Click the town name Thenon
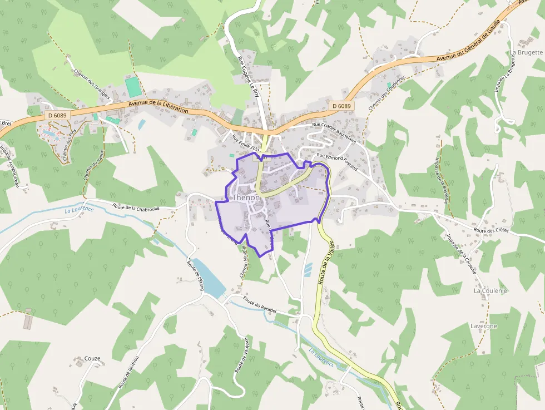tap(246, 198)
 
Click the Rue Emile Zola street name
tap(246, 145)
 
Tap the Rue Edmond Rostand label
tap(336, 161)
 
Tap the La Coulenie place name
tap(490, 290)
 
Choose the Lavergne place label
tap(483, 326)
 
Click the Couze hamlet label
tap(93, 358)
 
